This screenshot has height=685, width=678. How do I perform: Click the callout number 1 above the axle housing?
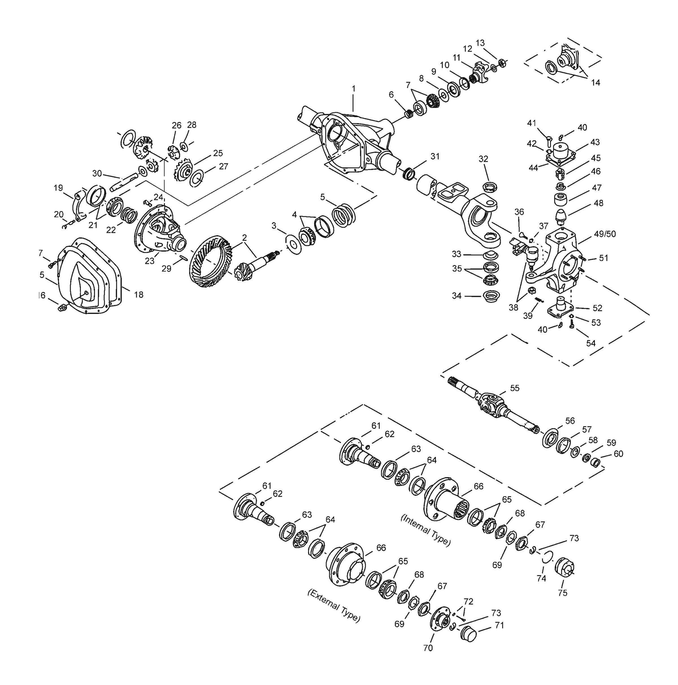click(353, 88)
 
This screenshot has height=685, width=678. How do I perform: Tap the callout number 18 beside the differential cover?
click(138, 294)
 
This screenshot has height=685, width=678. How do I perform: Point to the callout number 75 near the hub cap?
click(562, 593)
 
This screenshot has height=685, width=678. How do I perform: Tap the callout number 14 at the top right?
click(596, 82)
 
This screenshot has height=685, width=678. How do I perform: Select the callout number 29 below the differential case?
click(166, 268)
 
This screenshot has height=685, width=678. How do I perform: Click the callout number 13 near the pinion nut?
click(480, 43)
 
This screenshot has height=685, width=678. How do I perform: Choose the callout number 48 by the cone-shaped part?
click(598, 203)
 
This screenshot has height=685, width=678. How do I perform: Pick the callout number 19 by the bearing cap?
click(58, 188)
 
